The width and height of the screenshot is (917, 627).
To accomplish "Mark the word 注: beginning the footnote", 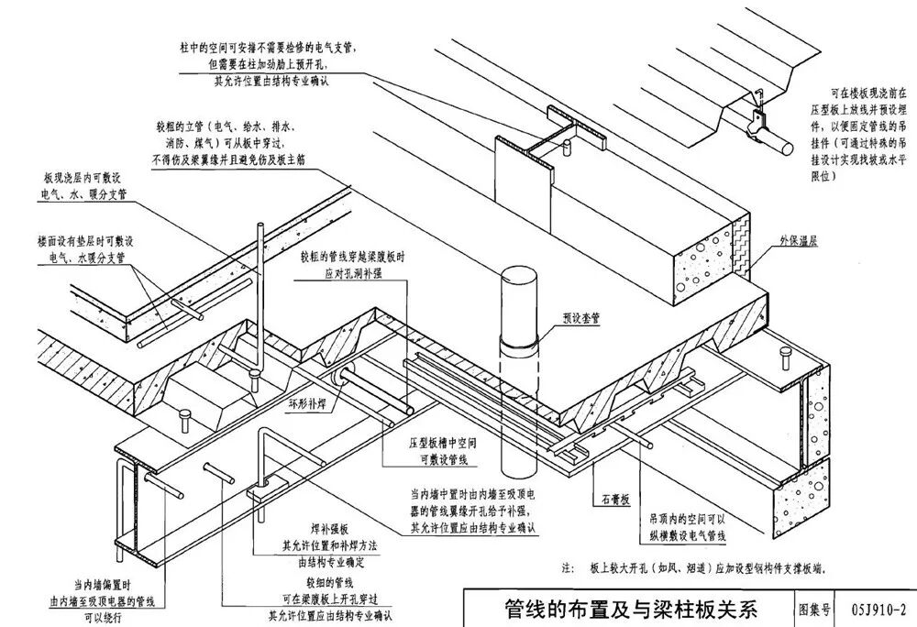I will tap(567, 568).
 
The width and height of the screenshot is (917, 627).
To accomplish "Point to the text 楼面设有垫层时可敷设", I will tap(86, 241).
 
